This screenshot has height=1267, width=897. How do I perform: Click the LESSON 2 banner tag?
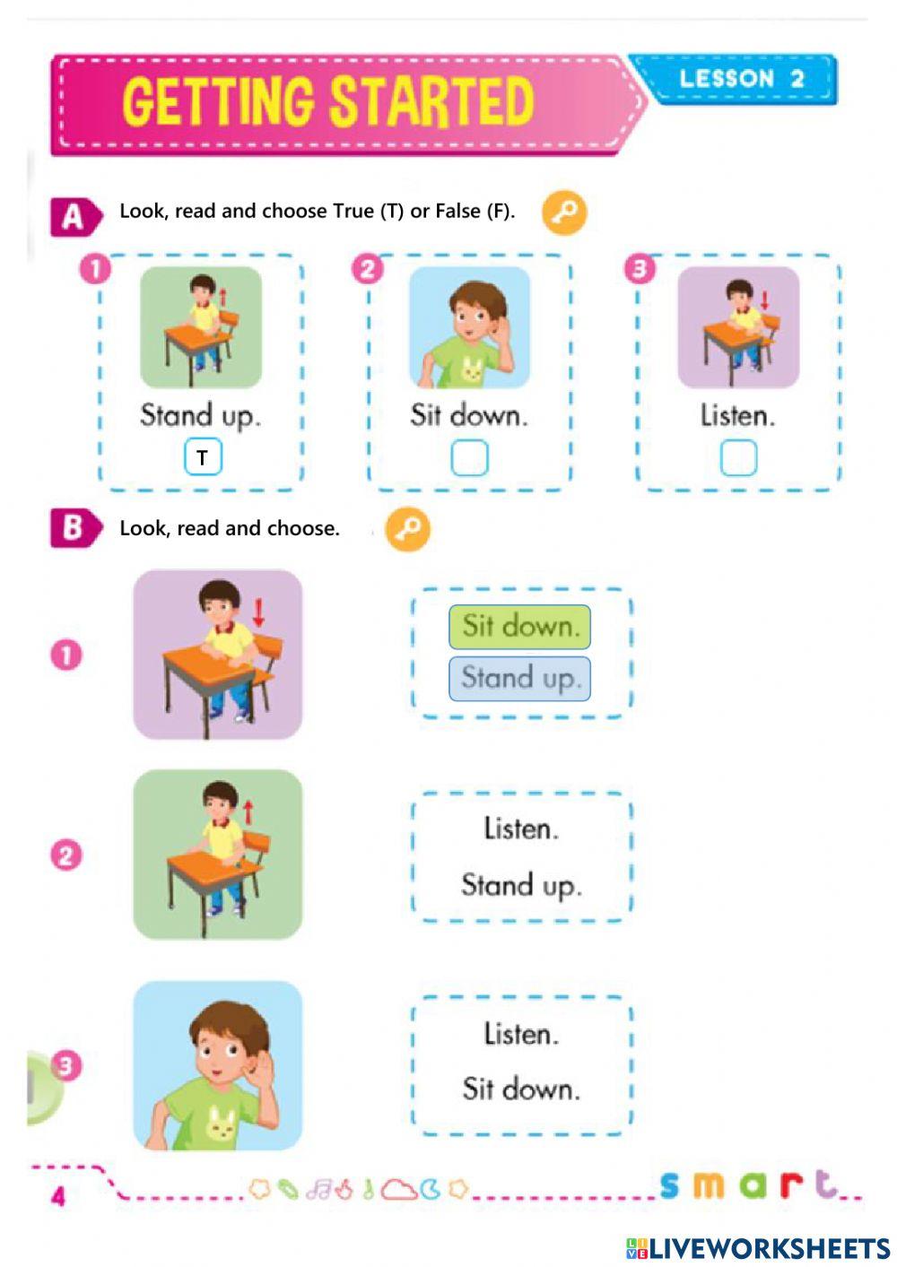click(x=740, y=79)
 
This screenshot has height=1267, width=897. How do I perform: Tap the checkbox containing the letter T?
click(x=203, y=457)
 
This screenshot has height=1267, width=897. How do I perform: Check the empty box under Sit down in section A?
click(x=469, y=458)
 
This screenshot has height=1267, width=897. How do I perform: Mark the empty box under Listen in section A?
click(x=738, y=458)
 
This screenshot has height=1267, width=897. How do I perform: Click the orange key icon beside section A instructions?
click(x=564, y=213)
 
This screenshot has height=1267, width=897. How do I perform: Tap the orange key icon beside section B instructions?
click(x=408, y=529)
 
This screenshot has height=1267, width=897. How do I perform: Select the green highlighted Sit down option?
click(x=519, y=626)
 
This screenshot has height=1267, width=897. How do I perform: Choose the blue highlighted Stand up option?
click(x=519, y=679)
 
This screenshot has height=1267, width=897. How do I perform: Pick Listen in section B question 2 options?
click(x=520, y=829)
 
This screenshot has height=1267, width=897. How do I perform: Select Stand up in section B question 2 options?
click(x=520, y=886)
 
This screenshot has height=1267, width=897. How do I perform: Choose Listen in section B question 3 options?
click(x=520, y=1034)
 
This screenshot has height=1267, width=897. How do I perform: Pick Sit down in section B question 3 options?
click(x=520, y=1089)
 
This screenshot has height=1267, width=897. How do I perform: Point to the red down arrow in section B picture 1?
click(x=258, y=612)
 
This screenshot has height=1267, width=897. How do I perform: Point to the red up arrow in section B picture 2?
click(x=248, y=812)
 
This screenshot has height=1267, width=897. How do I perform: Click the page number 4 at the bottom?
click(x=58, y=1196)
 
